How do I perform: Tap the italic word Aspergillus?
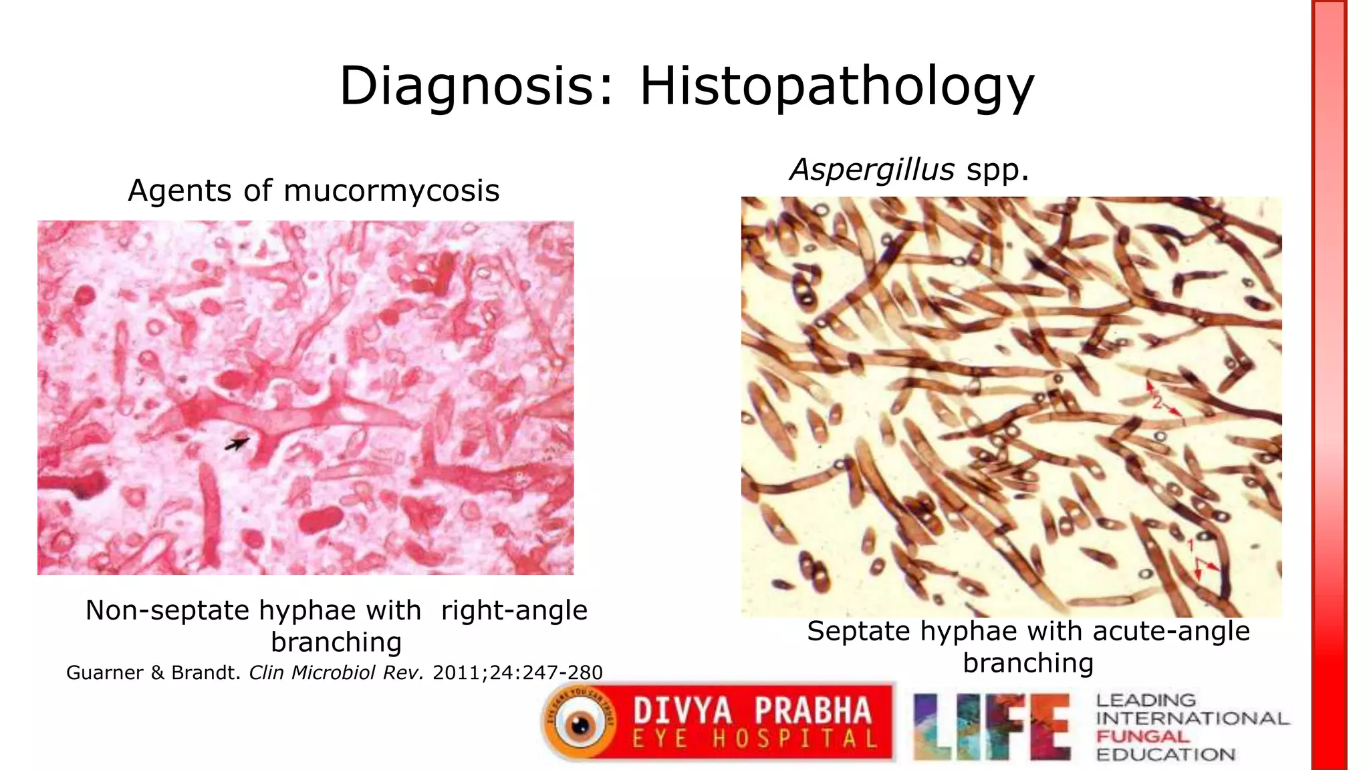click(872, 170)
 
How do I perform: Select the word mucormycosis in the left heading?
click(391, 191)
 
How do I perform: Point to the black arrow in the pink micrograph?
click(237, 443)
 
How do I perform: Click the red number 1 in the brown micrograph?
click(1191, 546)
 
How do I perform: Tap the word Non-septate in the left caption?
click(167, 610)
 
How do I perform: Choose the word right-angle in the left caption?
click(514, 610)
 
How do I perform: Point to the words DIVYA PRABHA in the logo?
click(752, 711)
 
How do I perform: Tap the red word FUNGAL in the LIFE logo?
click(1142, 737)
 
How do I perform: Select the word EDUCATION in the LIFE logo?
click(1165, 755)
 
